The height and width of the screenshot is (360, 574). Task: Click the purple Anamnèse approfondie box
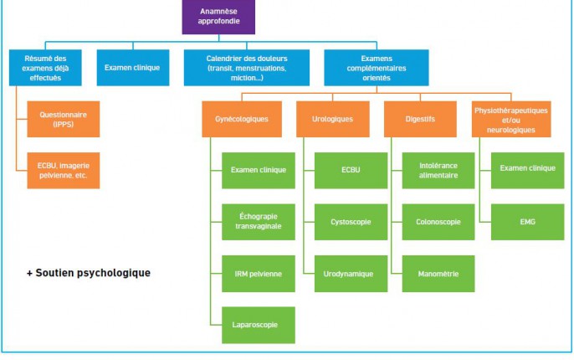(218, 17)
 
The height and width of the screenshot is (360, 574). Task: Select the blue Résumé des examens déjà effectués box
(45, 68)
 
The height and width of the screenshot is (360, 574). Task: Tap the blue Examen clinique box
(133, 68)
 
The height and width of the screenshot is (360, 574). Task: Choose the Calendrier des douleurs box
(246, 68)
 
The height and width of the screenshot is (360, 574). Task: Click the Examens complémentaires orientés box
(377, 68)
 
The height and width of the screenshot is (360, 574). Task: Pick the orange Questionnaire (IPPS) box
(64, 119)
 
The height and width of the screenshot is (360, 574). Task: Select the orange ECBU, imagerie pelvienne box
(64, 170)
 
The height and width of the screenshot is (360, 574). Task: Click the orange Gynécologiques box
(242, 119)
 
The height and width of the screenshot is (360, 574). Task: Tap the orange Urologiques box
(333, 119)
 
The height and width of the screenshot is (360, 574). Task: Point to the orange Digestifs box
(420, 119)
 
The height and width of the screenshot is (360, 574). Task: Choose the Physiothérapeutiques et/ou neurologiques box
(511, 119)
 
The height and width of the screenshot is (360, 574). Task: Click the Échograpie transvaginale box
(259, 222)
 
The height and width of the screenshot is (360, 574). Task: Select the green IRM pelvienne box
(259, 274)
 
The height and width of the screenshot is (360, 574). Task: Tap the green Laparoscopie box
(259, 325)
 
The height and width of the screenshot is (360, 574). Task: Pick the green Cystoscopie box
(351, 222)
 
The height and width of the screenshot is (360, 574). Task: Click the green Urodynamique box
(351, 274)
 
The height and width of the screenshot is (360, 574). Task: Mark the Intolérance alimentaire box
(438, 170)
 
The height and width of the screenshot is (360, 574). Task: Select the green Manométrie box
(438, 274)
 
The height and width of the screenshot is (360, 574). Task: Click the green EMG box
(527, 222)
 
